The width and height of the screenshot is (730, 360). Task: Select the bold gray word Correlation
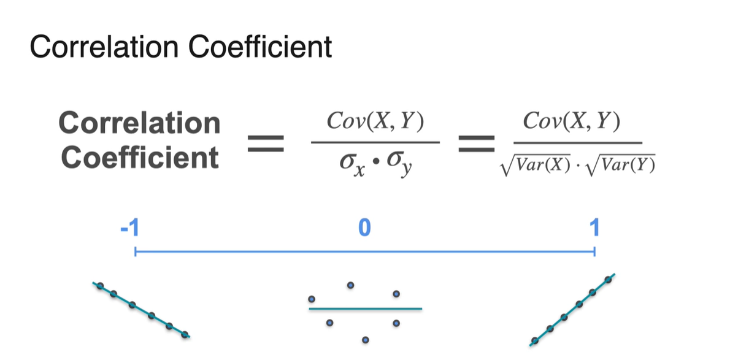(x=139, y=123)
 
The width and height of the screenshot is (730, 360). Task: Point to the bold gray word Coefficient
(x=139, y=158)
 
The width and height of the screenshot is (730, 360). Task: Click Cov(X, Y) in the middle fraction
(x=375, y=123)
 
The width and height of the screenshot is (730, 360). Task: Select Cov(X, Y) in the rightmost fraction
(x=572, y=122)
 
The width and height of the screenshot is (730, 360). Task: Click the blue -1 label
(x=129, y=228)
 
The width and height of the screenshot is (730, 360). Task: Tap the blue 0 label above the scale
(x=364, y=228)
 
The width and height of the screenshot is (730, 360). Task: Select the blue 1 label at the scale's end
(x=593, y=228)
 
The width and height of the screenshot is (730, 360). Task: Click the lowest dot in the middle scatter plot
(x=366, y=339)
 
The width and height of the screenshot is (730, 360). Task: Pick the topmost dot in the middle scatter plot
(x=351, y=285)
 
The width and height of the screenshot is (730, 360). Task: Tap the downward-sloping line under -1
(x=142, y=309)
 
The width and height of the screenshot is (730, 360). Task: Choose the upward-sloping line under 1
(x=571, y=310)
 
